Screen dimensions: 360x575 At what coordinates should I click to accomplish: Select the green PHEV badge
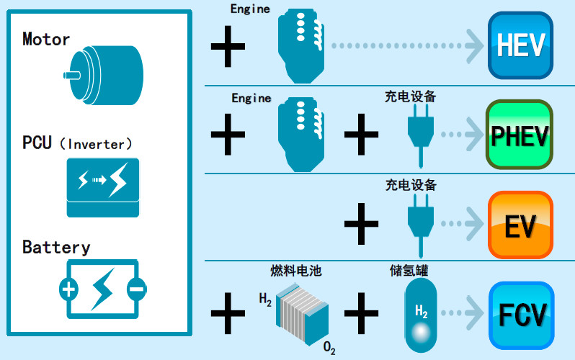coord(520,134)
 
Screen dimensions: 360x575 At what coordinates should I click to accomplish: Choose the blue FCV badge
coord(520,314)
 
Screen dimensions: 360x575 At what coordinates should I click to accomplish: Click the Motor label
coord(46,39)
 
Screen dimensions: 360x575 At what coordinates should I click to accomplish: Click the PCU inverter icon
coord(102,187)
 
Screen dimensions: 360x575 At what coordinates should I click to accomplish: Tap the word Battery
coord(56,248)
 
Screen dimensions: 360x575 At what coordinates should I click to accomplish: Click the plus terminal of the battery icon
coord(68,289)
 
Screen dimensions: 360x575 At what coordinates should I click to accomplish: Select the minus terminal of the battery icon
coord(135,289)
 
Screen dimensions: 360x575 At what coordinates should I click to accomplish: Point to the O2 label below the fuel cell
coord(329,349)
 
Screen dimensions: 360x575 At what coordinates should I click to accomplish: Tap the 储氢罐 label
coord(409,271)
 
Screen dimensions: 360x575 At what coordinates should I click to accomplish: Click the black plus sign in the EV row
coord(362,222)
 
